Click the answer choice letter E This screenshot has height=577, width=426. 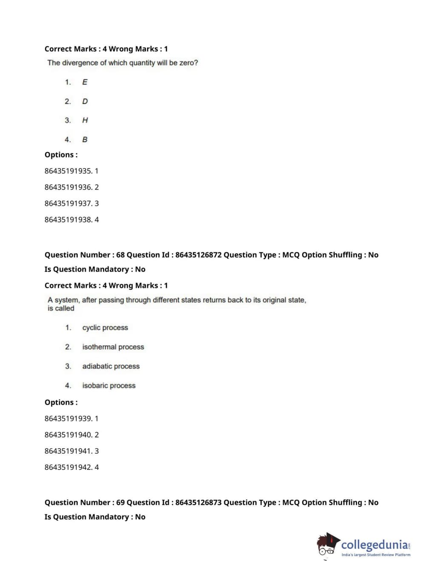pos(85,82)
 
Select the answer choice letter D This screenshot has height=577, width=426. pos(85,101)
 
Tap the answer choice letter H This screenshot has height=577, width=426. pos(85,120)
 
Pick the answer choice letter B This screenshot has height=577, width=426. pos(85,140)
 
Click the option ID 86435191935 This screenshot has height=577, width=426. pos(68,171)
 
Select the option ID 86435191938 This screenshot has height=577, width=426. pos(68,220)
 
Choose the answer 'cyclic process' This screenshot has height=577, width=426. pos(105,328)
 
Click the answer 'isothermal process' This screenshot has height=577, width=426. pos(113,347)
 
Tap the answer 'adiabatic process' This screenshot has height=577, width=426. pos(111,366)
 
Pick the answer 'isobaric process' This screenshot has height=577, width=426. pos(109,386)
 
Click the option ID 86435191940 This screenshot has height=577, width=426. pos(68,435)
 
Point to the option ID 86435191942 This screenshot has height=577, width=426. pos(68,467)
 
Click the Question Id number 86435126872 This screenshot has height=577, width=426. pos(198,255)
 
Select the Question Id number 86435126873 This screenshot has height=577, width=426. pos(198,503)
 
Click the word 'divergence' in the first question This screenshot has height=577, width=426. pos(80,63)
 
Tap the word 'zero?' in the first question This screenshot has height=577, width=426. pos(189,63)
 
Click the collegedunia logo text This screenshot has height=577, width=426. pos(374,545)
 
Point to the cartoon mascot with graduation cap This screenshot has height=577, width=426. pos(328,545)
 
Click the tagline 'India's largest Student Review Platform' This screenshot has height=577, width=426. pos(376,555)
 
